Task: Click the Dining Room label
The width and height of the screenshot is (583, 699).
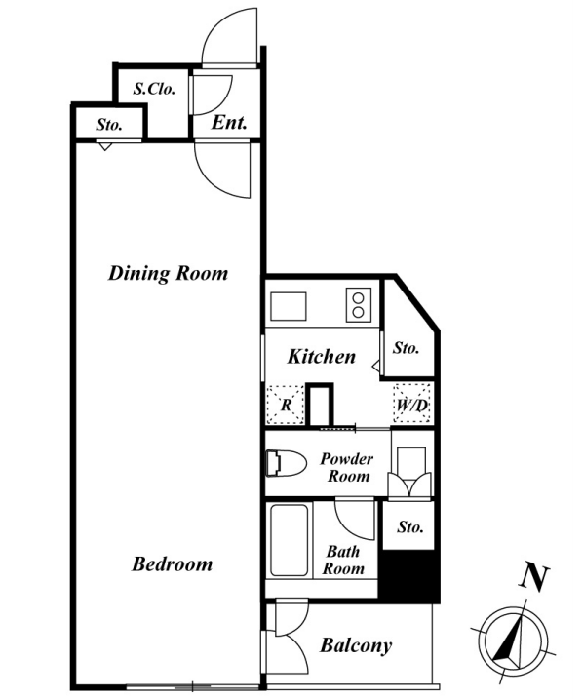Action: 168,273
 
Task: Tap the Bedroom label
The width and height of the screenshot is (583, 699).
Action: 172,563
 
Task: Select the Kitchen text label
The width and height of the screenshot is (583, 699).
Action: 322,357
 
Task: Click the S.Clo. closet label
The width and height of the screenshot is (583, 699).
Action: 154,89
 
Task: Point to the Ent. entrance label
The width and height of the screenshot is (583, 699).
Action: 229,122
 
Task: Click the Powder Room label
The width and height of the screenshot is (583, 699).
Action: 347,467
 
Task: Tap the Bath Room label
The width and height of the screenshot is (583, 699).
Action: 343,560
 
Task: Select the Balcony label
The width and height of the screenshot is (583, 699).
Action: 356,645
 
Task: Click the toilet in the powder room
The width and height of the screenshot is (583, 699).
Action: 286,463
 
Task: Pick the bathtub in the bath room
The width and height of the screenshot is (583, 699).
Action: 290,540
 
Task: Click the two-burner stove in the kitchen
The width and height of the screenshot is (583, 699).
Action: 359,305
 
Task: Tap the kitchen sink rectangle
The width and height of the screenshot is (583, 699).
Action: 289,306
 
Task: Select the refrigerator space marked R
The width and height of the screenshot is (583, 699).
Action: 286,405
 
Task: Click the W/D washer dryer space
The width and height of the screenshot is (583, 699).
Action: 412,404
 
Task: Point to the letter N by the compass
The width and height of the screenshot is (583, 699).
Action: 533,578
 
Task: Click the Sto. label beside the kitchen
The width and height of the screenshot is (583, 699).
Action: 406,348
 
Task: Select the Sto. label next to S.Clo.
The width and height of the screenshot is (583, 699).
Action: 109,125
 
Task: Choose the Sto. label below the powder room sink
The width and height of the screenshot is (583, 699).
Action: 410,527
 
